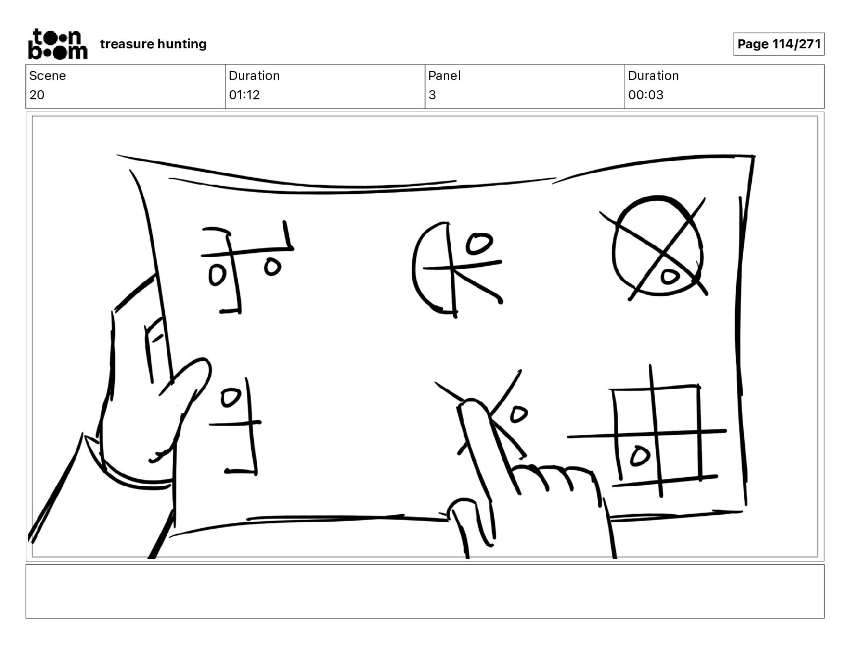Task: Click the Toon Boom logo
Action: pyautogui.click(x=58, y=44)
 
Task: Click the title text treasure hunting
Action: pyautogui.click(x=153, y=44)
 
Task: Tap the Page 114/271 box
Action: pyautogui.click(x=779, y=44)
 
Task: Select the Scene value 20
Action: pyautogui.click(x=37, y=94)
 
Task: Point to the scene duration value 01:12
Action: pyautogui.click(x=245, y=94)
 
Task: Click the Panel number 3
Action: pyautogui.click(x=432, y=94)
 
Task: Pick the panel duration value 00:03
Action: pyautogui.click(x=646, y=94)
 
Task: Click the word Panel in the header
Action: pyautogui.click(x=444, y=76)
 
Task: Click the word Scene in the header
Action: pyautogui.click(x=47, y=76)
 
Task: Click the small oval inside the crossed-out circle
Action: pyautogui.click(x=670, y=276)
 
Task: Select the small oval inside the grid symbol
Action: pyautogui.click(x=640, y=456)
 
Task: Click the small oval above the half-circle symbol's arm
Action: pyautogui.click(x=479, y=243)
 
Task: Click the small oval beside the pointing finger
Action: pyautogui.click(x=519, y=414)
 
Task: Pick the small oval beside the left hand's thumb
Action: pyautogui.click(x=231, y=398)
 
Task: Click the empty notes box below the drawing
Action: pyautogui.click(x=425, y=592)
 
